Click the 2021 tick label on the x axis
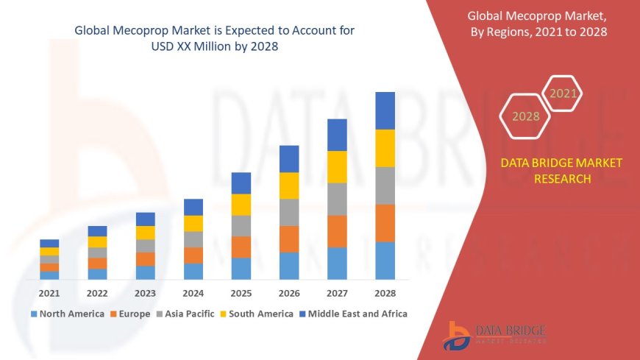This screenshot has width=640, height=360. [49, 293]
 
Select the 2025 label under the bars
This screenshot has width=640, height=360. [241, 293]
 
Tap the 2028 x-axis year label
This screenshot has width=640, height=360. [385, 293]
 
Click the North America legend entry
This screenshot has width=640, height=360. [67, 314]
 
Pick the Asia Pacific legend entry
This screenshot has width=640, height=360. [185, 314]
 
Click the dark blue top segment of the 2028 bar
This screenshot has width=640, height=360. [385, 110]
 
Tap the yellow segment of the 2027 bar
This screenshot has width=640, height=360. [337, 166]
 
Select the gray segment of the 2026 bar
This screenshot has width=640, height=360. [289, 212]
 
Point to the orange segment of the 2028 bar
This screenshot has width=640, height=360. [385, 223]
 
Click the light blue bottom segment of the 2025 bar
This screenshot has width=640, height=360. [241, 268]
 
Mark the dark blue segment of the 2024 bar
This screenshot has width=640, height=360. [193, 207]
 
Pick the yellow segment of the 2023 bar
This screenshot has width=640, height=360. [146, 233]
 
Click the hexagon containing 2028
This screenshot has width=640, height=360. [526, 116]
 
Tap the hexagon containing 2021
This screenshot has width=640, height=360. [563, 93]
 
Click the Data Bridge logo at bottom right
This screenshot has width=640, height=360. [494, 334]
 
